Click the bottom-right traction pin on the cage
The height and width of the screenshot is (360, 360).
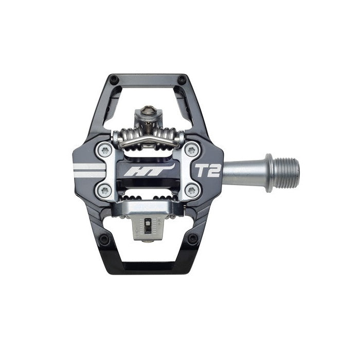[x=192, y=239]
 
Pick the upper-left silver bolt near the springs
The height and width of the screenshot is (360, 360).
[x=105, y=150]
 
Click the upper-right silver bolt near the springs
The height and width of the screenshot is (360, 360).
[x=191, y=150]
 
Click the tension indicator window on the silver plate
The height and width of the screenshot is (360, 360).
[x=148, y=226]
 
